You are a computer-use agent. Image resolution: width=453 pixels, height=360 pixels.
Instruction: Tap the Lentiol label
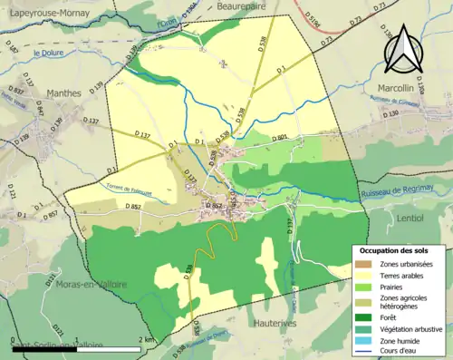point(416,219)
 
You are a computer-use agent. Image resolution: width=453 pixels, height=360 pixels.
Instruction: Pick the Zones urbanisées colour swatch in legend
point(364,264)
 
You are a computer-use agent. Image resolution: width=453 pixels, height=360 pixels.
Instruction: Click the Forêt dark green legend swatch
point(364,316)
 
